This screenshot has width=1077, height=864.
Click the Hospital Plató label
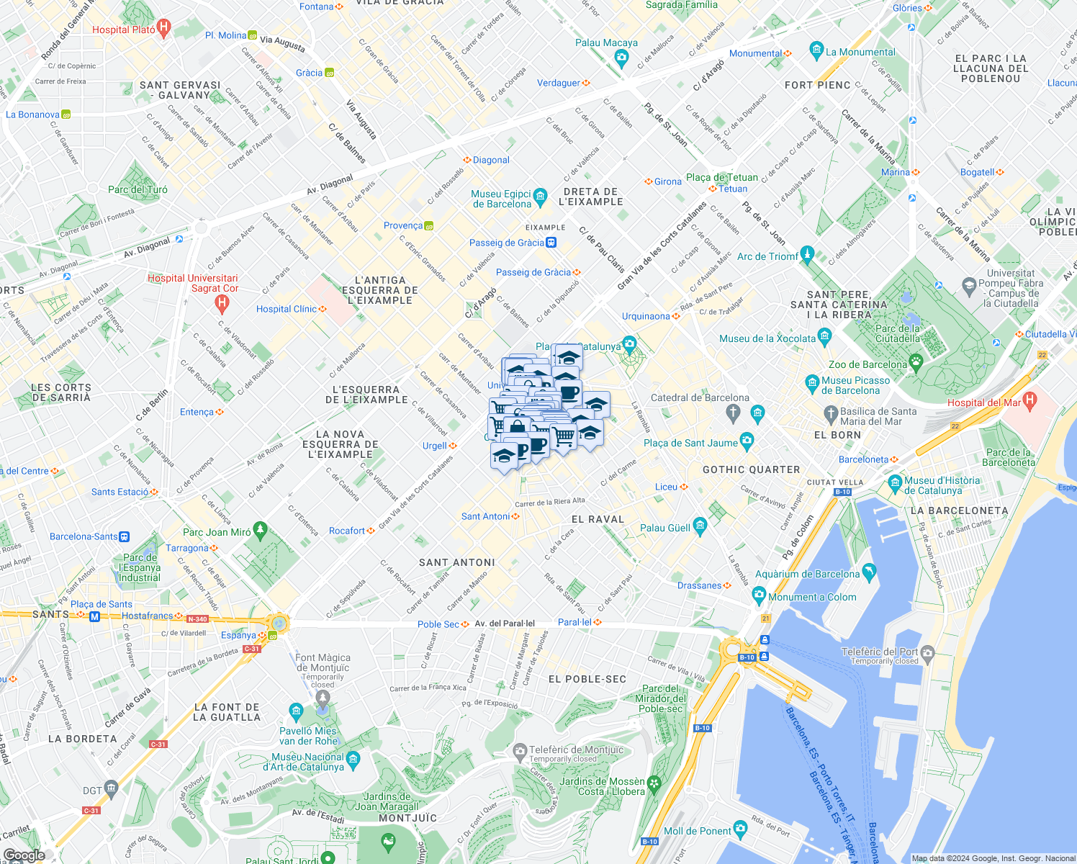[123, 30]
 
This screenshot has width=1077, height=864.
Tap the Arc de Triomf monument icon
[807, 254]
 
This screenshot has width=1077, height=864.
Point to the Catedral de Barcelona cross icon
[733, 413]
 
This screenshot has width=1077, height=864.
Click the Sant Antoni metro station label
[485, 516]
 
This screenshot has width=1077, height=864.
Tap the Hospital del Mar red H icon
[1029, 400]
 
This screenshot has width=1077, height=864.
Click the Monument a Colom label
[812, 597]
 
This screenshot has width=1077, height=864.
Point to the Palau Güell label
[665, 528]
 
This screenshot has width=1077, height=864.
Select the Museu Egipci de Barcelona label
[501, 199]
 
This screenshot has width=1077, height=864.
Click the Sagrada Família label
[681, 5]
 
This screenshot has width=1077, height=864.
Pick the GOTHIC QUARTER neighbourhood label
[751, 469]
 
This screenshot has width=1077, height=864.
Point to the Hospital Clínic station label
[286, 309]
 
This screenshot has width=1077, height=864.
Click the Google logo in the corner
[24, 855]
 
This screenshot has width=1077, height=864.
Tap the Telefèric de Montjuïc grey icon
[520, 752]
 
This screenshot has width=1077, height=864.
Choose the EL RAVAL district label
[598, 519]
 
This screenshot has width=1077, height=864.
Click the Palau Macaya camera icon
[622, 58]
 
